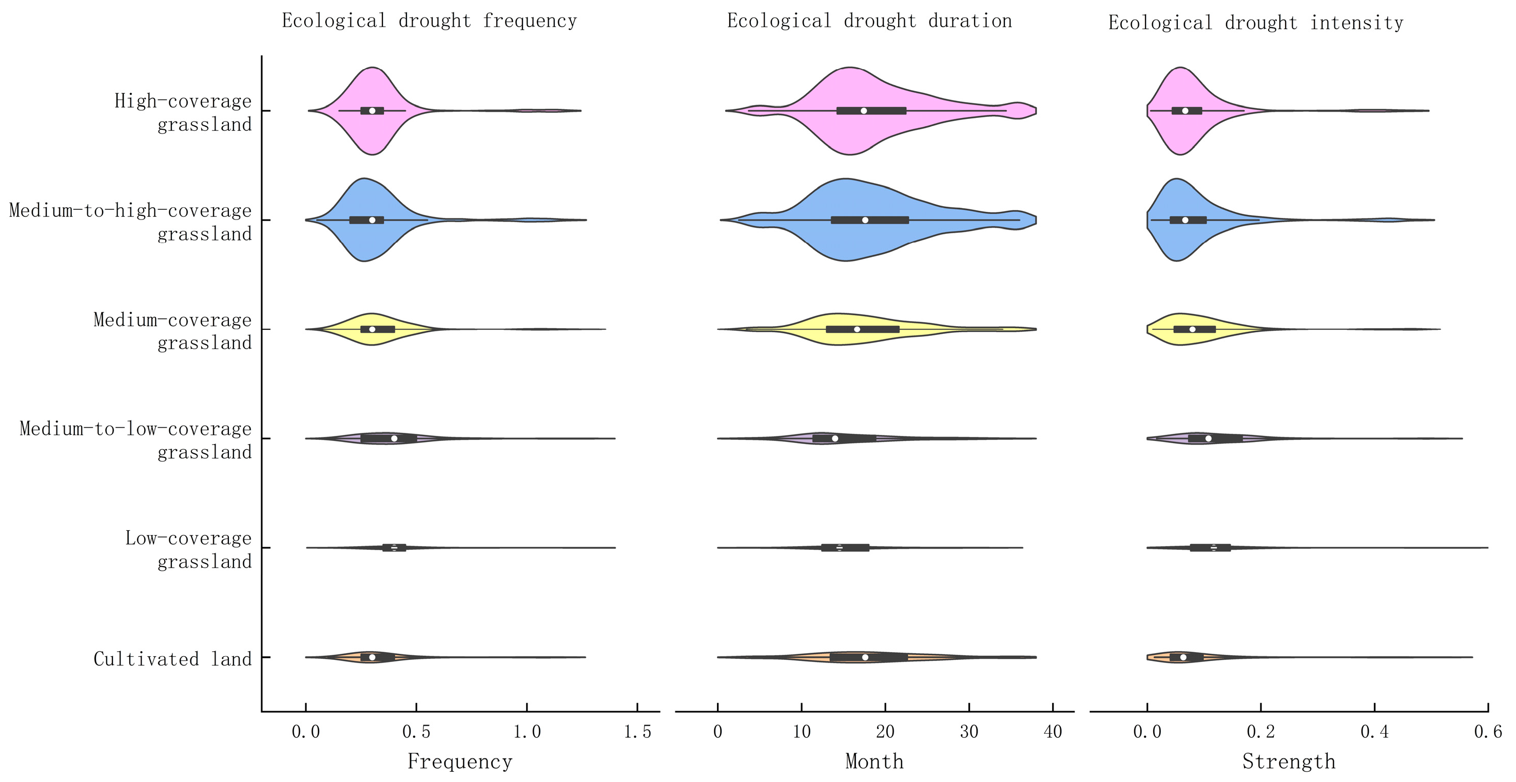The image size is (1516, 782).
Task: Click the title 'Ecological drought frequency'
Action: coord(429,21)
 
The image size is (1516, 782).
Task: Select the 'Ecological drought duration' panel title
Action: coord(869,21)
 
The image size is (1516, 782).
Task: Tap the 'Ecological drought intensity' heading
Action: coord(1255,23)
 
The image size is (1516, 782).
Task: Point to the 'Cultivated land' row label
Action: coord(172,659)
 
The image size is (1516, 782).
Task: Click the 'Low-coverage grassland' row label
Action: coord(188,550)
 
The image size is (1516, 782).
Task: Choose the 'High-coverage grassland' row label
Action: coord(183,112)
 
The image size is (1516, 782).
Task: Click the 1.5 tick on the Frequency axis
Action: coord(638,732)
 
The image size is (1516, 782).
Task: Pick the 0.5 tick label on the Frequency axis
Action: coord(416,732)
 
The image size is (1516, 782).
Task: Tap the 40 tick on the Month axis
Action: coord(1053,732)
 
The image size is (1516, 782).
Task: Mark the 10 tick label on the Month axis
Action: coord(802,732)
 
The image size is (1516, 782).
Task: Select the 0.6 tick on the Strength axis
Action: coord(1488,732)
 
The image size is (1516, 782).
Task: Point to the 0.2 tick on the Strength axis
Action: coord(1260,732)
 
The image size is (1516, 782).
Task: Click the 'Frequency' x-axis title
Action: coord(460,762)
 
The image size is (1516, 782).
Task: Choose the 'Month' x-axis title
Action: coord(874,762)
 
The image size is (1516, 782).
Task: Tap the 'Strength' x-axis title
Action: coord(1288,762)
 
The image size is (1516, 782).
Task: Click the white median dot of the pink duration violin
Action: coord(863,111)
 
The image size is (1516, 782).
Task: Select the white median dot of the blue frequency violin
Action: coord(372,220)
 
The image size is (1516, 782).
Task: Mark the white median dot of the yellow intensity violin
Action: coord(1192,329)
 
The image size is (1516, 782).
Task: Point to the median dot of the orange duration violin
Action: coord(865,657)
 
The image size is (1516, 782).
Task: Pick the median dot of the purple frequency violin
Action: coord(394,438)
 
